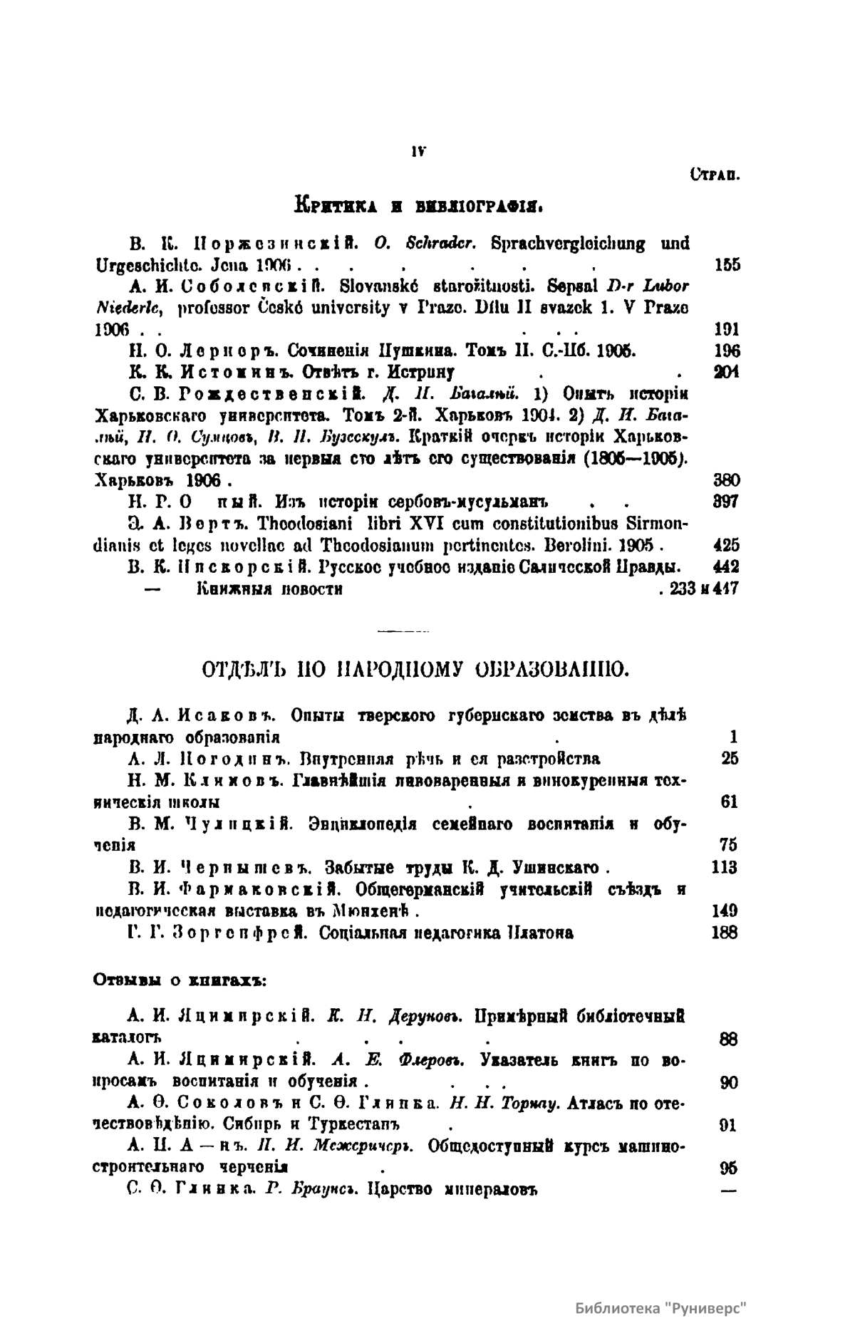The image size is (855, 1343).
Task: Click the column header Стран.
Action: [x=714, y=173]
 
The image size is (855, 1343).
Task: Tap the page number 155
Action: [x=727, y=265]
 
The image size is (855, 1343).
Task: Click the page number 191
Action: [x=727, y=330]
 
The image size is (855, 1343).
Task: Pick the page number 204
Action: [x=727, y=372]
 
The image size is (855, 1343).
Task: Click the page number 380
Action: [x=727, y=479]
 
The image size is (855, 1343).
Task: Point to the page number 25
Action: [x=730, y=758]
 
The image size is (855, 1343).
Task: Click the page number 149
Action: [x=725, y=911]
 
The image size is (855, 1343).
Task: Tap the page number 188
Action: [x=725, y=933]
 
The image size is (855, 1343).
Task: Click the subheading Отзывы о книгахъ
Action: [x=180, y=980]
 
